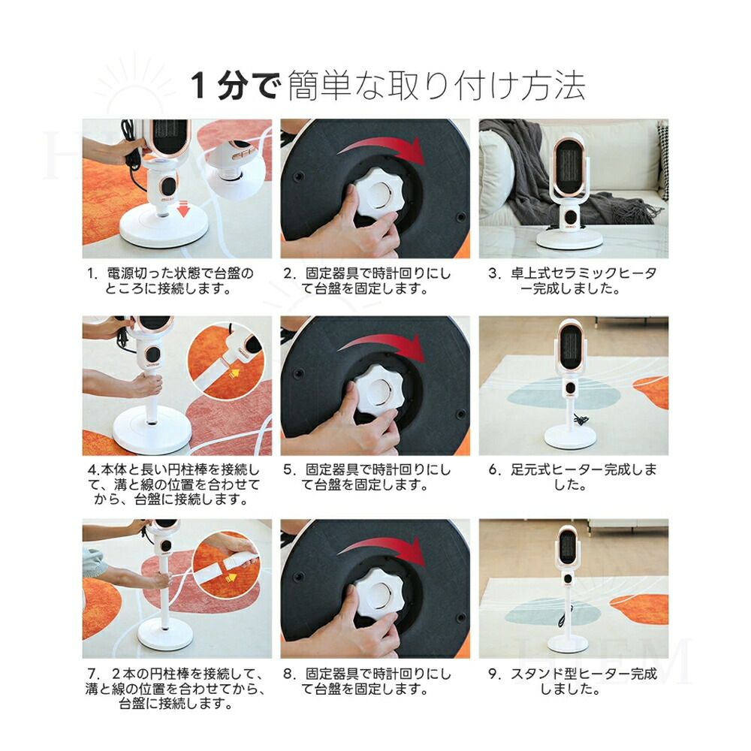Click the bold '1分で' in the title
234,86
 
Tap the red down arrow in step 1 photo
183,210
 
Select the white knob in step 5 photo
379,388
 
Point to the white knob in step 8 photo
379,592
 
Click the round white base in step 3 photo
569,238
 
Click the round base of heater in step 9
569,644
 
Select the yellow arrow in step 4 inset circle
234,372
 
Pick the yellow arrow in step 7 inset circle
231,578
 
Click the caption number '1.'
93,273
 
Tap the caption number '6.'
494,470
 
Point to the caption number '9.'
494,674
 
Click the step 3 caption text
572,281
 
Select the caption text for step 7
175,689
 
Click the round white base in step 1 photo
163,231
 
